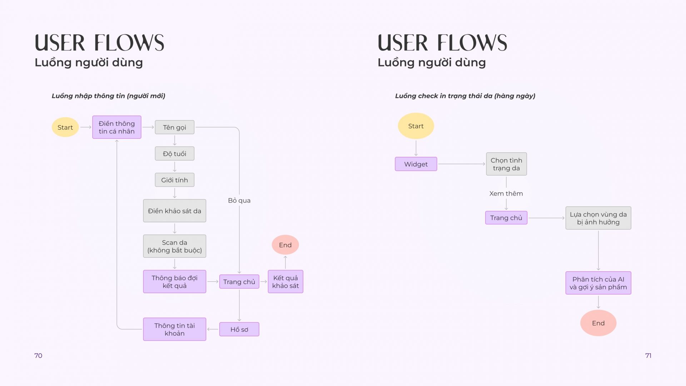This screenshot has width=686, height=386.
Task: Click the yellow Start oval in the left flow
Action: (65, 127)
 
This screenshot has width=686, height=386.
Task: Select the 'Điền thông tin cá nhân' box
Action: (117, 127)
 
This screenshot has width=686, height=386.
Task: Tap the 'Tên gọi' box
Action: (175, 127)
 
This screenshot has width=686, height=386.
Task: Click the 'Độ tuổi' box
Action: (175, 154)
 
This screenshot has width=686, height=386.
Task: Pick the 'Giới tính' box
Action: (175, 180)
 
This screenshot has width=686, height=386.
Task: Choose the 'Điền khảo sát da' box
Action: (175, 211)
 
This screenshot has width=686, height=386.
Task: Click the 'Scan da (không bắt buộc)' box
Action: (175, 246)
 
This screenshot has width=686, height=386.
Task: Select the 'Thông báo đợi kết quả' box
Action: (175, 282)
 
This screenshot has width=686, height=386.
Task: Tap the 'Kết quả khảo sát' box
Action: (285, 282)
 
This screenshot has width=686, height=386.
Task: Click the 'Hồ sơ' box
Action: (239, 330)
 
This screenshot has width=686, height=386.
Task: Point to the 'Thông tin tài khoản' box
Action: (175, 329)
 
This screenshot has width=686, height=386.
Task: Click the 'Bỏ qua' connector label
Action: (239, 201)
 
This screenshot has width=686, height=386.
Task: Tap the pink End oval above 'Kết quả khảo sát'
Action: (285, 245)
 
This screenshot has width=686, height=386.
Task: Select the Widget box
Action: (416, 164)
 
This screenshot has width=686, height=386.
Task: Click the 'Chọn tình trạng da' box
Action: (506, 164)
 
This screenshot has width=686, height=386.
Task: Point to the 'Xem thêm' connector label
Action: (506, 194)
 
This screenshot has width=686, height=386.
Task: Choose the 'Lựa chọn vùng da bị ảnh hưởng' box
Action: (598, 218)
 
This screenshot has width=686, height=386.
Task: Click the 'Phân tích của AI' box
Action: (598, 283)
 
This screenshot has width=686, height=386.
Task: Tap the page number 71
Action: (648, 356)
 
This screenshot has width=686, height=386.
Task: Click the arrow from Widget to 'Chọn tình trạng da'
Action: (462, 164)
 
